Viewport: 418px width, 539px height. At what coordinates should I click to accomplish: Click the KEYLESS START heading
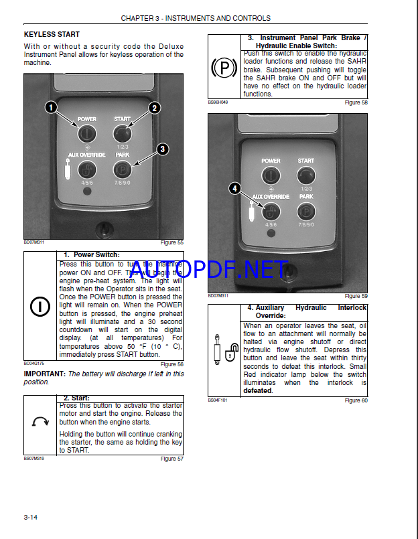click(52, 34)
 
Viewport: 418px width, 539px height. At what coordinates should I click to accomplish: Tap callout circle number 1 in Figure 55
click(51, 107)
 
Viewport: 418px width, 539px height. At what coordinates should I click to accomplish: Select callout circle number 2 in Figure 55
click(154, 107)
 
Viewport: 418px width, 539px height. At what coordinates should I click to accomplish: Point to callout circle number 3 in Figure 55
click(162, 149)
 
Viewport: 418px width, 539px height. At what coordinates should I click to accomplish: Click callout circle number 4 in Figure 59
click(234, 189)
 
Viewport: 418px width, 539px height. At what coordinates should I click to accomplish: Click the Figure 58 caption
click(356, 102)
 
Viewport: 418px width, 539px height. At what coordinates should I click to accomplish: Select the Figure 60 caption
click(356, 400)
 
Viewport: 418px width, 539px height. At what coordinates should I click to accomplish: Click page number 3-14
click(31, 517)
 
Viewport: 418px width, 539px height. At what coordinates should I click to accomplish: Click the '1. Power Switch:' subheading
click(92, 254)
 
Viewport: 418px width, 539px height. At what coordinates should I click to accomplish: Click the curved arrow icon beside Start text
click(40, 422)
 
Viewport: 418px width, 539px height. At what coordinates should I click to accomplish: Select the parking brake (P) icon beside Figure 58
click(224, 68)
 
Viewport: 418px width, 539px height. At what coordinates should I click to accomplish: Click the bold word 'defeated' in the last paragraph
click(257, 391)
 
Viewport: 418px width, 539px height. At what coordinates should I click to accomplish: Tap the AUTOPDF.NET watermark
click(209, 270)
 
